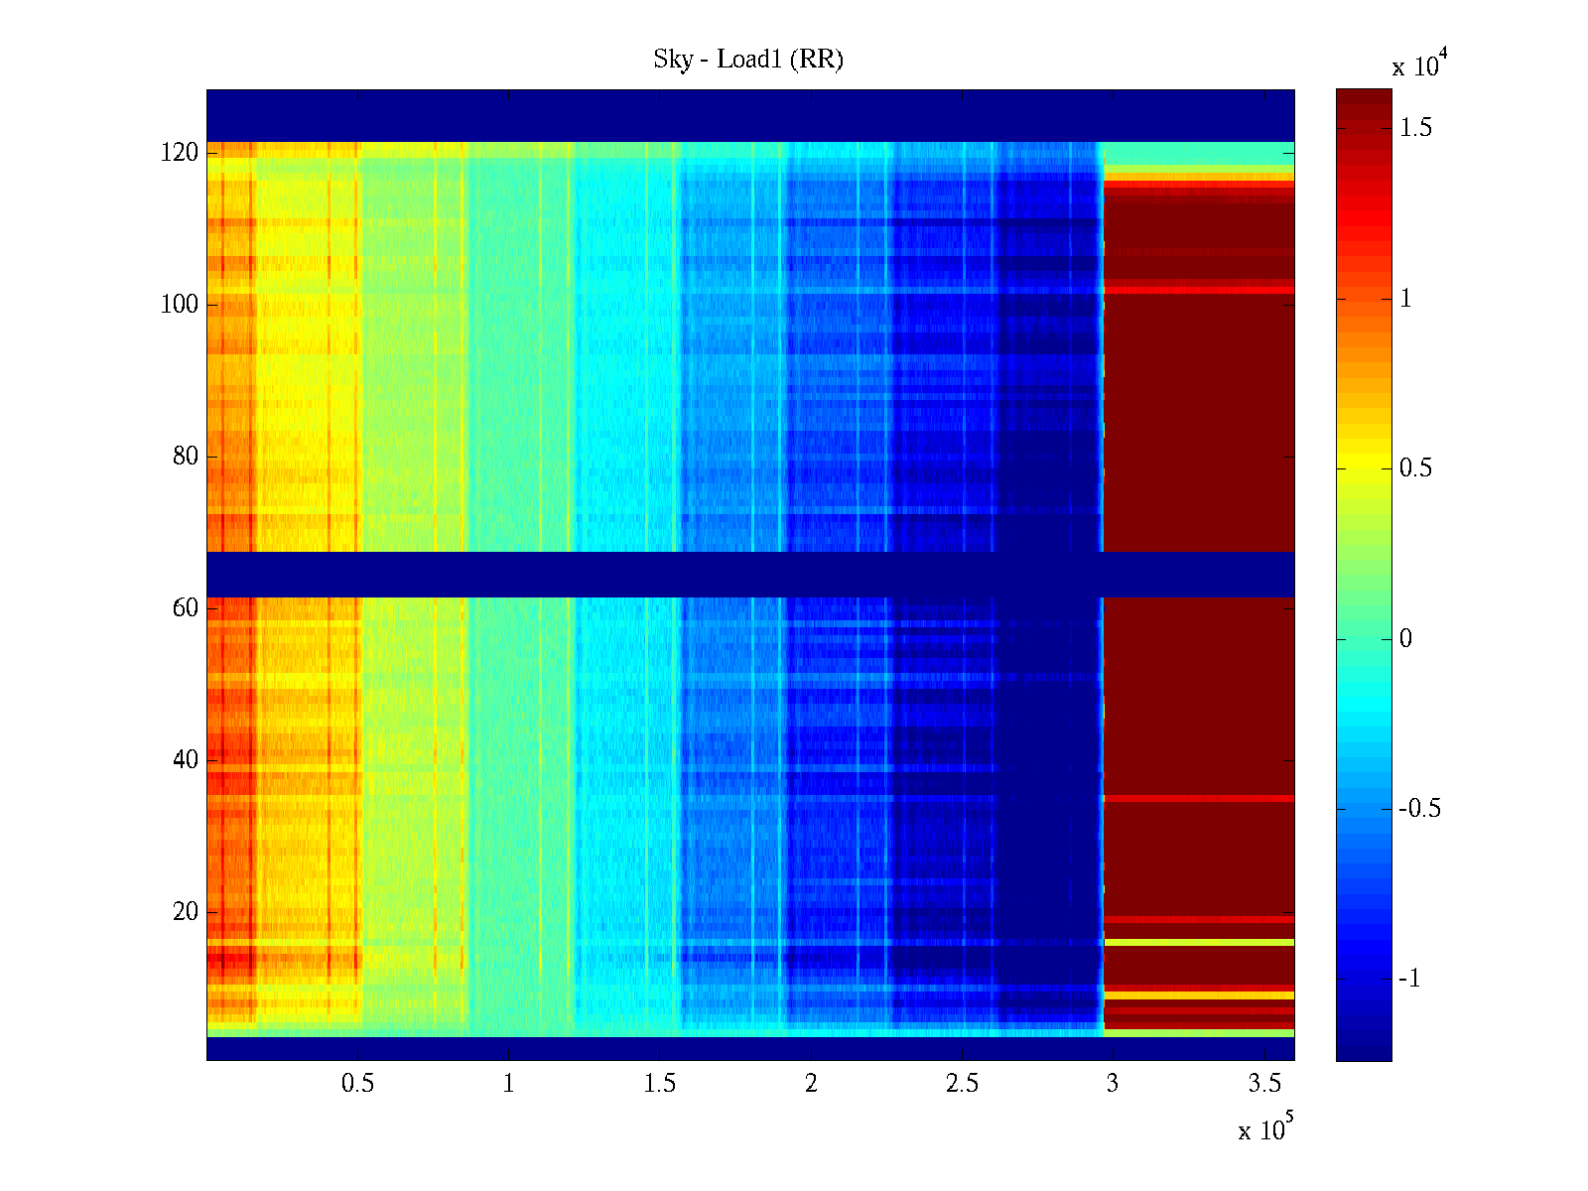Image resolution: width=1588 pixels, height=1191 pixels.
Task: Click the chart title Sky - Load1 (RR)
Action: (x=748, y=60)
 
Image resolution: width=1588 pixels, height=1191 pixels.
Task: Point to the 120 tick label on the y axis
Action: (x=180, y=153)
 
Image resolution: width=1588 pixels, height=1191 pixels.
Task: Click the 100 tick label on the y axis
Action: (x=180, y=305)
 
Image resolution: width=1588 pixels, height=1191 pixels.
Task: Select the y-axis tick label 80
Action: (x=186, y=457)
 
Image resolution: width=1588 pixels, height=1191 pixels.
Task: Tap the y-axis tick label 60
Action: (x=186, y=607)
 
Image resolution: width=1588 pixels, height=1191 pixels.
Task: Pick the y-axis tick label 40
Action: (x=186, y=759)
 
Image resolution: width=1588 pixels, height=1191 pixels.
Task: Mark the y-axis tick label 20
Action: (x=186, y=911)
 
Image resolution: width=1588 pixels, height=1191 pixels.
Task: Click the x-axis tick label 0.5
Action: (x=357, y=1084)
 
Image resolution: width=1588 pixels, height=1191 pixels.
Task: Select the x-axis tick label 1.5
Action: (x=660, y=1084)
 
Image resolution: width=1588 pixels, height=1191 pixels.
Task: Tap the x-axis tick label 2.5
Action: (x=962, y=1084)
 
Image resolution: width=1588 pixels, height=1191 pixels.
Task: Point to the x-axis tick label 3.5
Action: (x=1264, y=1084)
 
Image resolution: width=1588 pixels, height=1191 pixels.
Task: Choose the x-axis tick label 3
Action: (x=1113, y=1084)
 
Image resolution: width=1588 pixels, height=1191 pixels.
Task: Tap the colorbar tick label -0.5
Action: (x=1419, y=809)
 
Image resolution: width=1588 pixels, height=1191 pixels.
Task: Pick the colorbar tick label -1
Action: (x=1409, y=979)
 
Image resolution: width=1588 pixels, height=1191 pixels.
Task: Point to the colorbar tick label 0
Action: (x=1405, y=638)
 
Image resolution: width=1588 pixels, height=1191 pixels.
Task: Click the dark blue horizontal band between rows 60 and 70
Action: (x=750, y=574)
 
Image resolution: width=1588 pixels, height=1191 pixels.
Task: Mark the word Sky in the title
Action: (x=672, y=60)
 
